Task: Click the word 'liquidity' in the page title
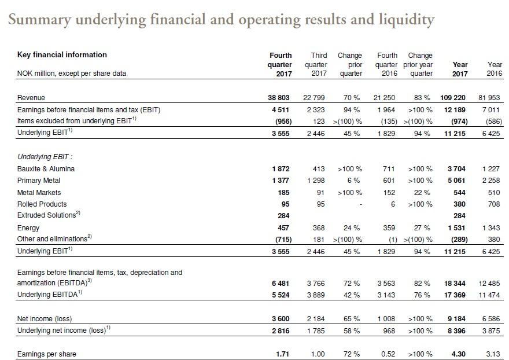(x=407, y=20)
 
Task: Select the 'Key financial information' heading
(x=62, y=54)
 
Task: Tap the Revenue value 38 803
(x=279, y=97)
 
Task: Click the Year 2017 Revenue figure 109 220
(x=453, y=97)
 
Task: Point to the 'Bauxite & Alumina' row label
(x=46, y=169)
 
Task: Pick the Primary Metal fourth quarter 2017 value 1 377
(x=281, y=181)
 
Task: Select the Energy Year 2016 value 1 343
(x=491, y=228)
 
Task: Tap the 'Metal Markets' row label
(x=39, y=193)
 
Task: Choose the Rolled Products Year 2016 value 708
(x=494, y=204)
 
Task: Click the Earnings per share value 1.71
(x=282, y=354)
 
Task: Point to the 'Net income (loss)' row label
(x=45, y=319)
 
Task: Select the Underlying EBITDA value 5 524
(x=281, y=295)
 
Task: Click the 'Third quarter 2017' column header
(x=316, y=64)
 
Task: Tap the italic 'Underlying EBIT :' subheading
(x=45, y=157)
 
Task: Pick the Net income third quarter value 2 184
(x=316, y=319)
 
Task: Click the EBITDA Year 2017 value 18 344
(x=455, y=284)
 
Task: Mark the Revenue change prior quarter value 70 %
(x=352, y=97)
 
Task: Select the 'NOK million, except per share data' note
(x=71, y=74)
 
